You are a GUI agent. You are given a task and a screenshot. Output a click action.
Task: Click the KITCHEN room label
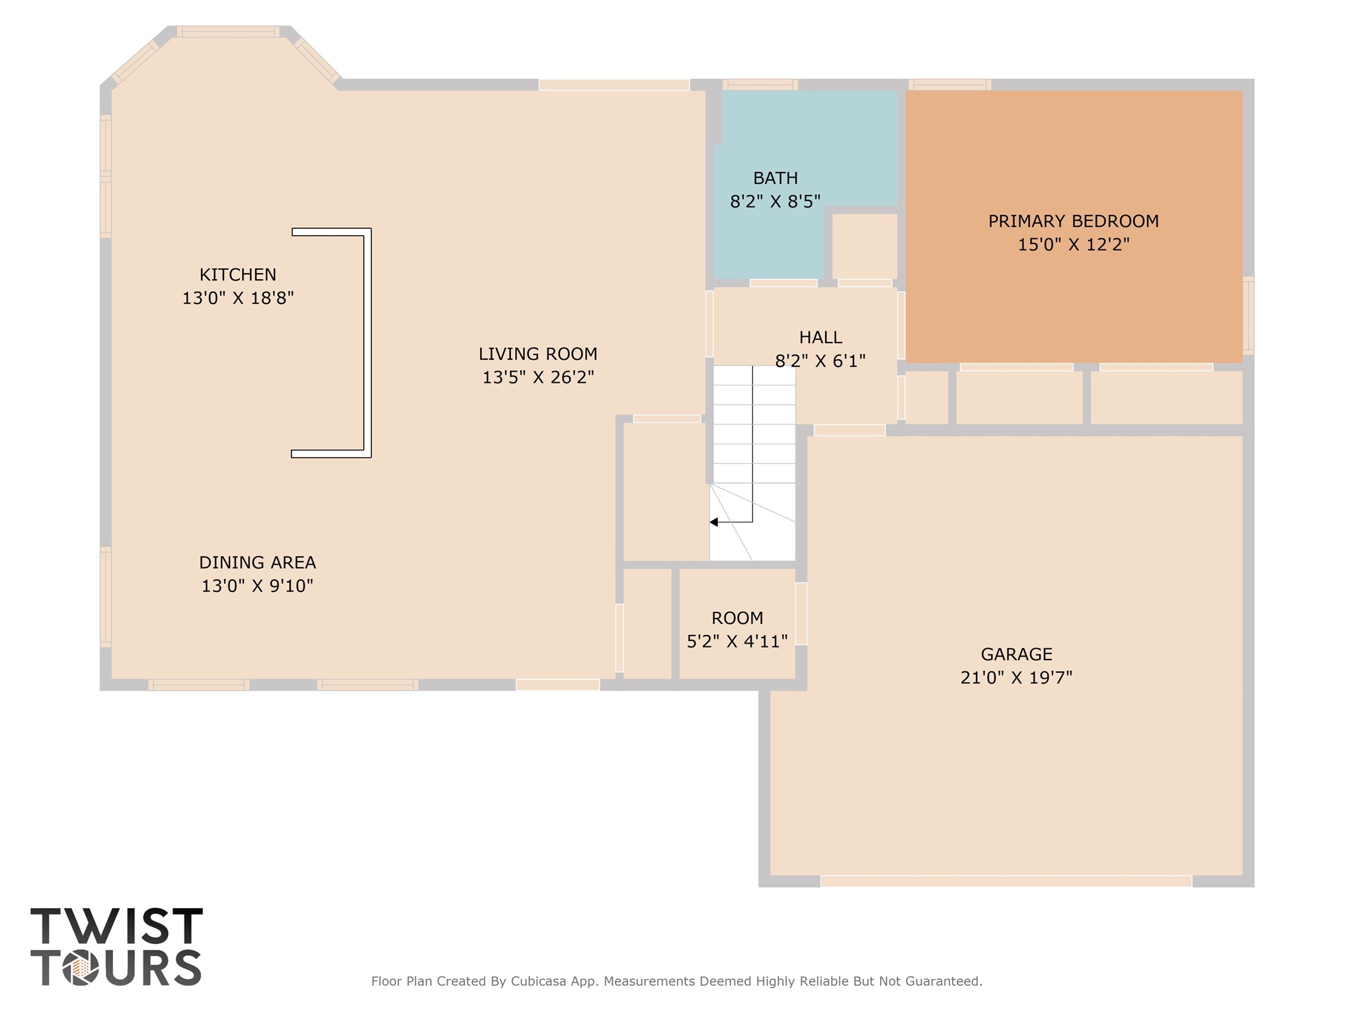[x=238, y=275]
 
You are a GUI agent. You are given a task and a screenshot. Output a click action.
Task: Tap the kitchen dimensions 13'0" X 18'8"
[x=238, y=298]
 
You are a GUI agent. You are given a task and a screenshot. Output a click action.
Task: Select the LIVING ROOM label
[x=538, y=354]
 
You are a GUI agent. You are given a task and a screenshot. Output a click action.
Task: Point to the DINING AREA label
[x=257, y=562]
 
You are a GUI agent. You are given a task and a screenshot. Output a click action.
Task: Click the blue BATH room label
[x=776, y=178]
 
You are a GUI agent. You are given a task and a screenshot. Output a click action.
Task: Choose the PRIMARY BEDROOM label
[x=1073, y=221]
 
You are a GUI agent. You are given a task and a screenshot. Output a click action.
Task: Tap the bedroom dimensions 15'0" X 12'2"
[x=1073, y=245]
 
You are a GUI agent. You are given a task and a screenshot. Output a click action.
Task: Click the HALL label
[x=820, y=337]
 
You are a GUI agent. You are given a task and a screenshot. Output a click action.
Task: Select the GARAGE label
[x=1016, y=654]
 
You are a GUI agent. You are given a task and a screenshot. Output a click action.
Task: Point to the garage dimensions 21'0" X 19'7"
[x=1016, y=678]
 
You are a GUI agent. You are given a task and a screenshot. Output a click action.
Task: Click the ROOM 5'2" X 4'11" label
[x=737, y=629]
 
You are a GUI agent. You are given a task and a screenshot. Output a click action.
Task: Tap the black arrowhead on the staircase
[x=714, y=522]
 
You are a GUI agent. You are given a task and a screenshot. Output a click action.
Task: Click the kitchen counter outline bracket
[x=368, y=343]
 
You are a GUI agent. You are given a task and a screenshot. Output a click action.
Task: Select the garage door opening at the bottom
[x=1006, y=881]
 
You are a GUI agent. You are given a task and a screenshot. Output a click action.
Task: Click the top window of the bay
[x=228, y=32]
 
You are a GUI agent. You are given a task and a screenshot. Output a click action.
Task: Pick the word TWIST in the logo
[x=116, y=926]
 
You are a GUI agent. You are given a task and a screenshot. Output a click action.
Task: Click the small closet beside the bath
[x=864, y=245]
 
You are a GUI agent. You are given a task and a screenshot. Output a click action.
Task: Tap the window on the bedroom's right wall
[x=1248, y=316]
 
